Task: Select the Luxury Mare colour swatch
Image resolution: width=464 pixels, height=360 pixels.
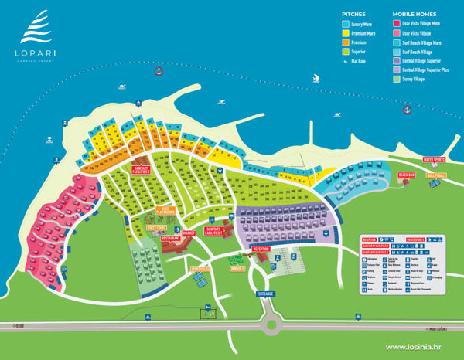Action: point(346,24)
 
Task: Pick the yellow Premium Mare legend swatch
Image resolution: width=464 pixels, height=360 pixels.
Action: point(346,34)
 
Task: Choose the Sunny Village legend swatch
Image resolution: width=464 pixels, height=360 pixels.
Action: point(397,79)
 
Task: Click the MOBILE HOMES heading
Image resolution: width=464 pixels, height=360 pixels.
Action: point(415,15)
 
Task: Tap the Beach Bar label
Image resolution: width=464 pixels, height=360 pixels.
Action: point(406,175)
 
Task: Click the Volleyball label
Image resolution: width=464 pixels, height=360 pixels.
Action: point(437,176)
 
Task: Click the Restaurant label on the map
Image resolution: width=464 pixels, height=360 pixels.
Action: point(171,239)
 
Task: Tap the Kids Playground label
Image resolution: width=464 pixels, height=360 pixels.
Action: point(165,210)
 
